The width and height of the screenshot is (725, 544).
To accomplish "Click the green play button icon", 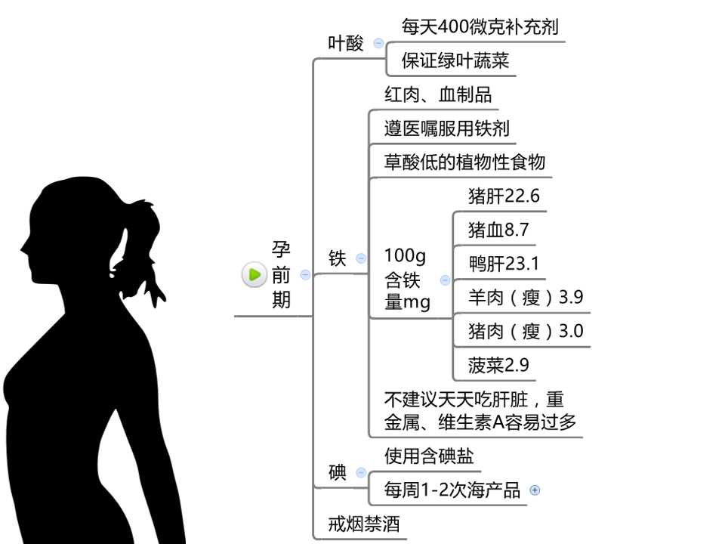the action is tap(254, 275).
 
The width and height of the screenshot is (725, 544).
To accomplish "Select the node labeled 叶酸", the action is tap(346, 44).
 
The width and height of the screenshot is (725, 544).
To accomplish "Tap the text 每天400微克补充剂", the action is tap(480, 28).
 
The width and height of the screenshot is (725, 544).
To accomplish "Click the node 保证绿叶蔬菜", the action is tap(455, 61).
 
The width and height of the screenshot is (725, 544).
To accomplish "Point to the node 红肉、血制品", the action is tap(438, 94).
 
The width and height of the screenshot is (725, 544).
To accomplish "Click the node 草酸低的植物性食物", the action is tap(464, 162).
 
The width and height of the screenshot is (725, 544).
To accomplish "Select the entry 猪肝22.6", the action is tap(504, 196).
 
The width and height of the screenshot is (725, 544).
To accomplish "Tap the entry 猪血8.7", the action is tap(498, 230).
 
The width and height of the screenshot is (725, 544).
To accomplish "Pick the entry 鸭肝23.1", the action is tap(504, 264).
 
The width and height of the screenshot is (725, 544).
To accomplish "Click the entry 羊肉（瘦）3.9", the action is tap(525, 297).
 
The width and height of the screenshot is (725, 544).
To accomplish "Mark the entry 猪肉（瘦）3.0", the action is tap(525, 331).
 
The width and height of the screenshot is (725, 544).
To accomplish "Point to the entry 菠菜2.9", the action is tap(498, 366).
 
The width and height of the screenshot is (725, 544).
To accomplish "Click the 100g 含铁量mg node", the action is tap(406, 280).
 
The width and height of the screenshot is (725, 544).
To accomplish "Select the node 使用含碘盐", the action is tap(429, 456).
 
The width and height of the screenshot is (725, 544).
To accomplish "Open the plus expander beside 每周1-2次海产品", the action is tap(535, 490).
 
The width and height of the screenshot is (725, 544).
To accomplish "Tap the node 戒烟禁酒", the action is tap(364, 524).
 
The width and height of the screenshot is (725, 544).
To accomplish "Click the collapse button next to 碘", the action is tap(361, 474).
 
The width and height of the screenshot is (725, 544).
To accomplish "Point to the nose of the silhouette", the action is tap(23, 247).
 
